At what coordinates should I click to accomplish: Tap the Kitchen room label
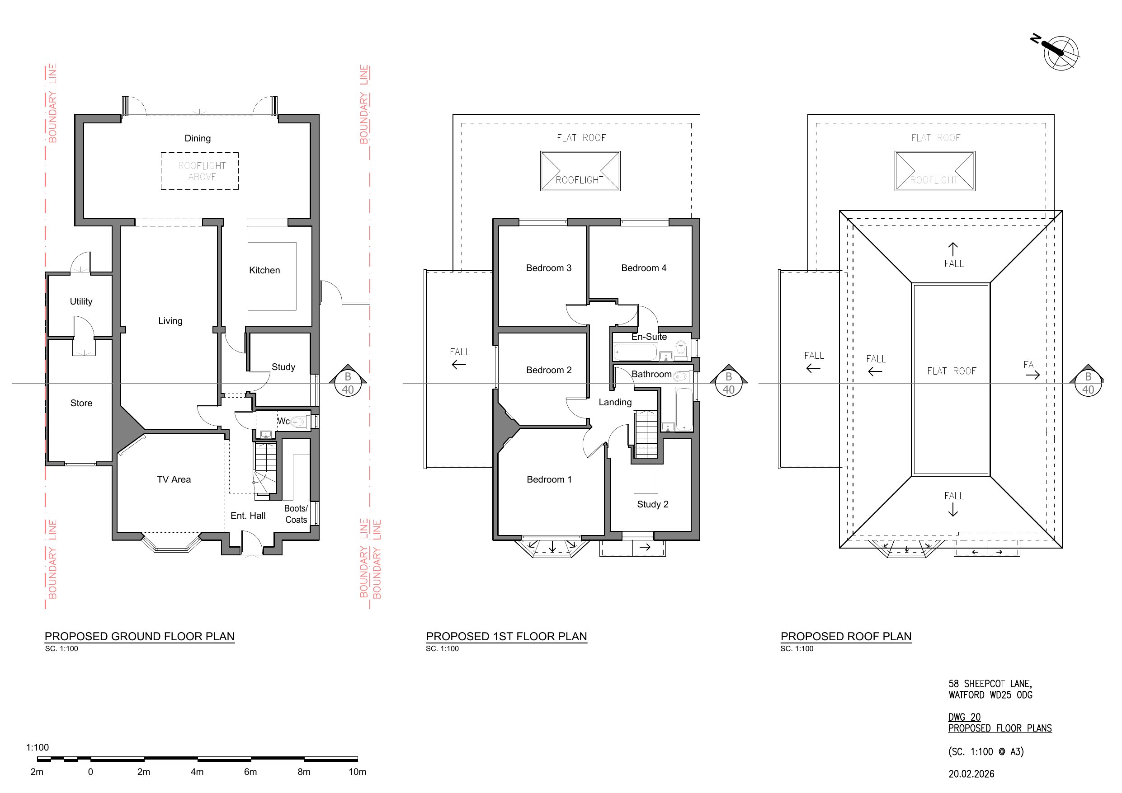pyautogui.click(x=264, y=270)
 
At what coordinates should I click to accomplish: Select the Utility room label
pyautogui.click(x=81, y=301)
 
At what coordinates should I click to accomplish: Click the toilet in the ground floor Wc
pyautogui.click(x=300, y=421)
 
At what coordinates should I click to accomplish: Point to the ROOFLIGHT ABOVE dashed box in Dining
pyautogui.click(x=200, y=171)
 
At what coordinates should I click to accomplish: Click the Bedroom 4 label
pyautogui.click(x=644, y=268)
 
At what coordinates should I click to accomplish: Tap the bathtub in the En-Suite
pyautogui.click(x=636, y=352)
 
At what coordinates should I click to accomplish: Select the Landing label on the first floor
pyautogui.click(x=615, y=402)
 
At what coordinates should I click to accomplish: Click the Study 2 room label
pyautogui.click(x=652, y=504)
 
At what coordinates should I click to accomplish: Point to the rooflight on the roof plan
pyautogui.click(x=934, y=170)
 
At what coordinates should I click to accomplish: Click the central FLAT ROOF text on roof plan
pyautogui.click(x=952, y=371)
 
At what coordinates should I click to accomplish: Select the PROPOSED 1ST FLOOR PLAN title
pyautogui.click(x=506, y=636)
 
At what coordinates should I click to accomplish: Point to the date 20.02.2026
pyautogui.click(x=971, y=774)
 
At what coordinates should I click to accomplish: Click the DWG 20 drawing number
pyautogui.click(x=964, y=717)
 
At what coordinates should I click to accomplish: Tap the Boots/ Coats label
pyautogui.click(x=296, y=514)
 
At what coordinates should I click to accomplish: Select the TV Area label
pyautogui.click(x=174, y=479)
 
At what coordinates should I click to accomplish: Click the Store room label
pyautogui.click(x=81, y=403)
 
